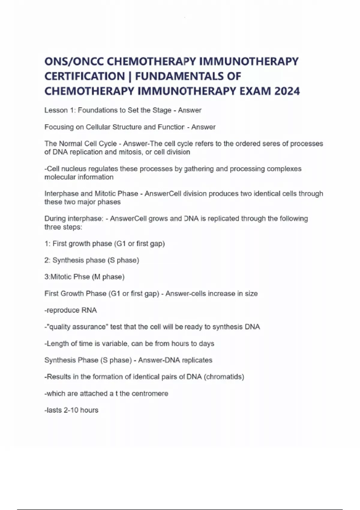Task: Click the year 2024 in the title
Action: (x=287, y=91)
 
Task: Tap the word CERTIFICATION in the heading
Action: (x=84, y=76)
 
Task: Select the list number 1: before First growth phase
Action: (x=47, y=244)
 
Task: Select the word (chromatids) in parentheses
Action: (x=224, y=377)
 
